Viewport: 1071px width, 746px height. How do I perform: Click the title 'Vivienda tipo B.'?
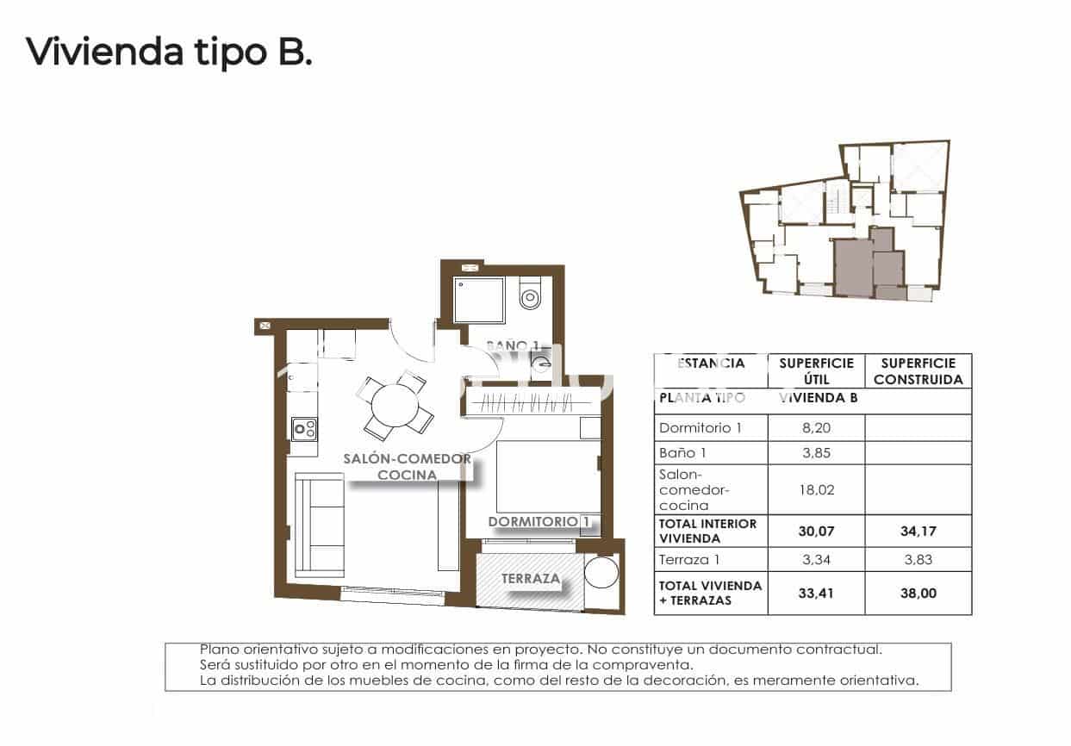point(169,52)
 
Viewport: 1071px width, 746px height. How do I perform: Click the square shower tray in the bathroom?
point(481,301)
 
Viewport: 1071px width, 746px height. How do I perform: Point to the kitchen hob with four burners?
point(303,428)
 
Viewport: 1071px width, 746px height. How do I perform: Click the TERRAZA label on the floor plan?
point(532,579)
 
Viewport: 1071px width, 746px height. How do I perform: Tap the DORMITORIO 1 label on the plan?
point(539,521)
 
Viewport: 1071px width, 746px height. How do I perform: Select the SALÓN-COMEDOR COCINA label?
point(407,466)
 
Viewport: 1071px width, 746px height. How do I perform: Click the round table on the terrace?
point(601,573)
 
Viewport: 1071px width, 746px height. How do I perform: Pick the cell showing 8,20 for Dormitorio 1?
point(815,427)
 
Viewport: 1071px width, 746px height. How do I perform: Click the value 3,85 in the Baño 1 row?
point(815,453)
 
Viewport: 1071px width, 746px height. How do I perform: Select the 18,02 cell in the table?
point(815,490)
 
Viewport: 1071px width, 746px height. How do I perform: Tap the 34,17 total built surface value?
point(917,532)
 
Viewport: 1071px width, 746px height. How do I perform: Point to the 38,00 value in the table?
point(917,593)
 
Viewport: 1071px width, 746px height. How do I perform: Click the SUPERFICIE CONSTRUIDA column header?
point(918,371)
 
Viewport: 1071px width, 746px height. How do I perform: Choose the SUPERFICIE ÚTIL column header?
point(815,371)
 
